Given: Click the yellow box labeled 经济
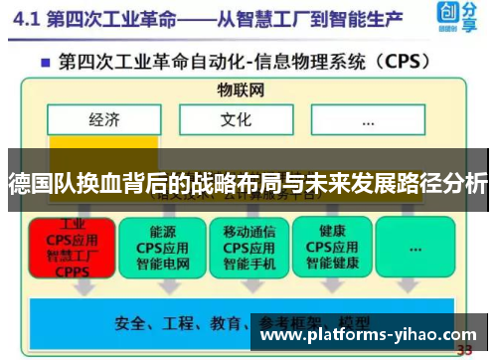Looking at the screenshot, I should (x=103, y=120).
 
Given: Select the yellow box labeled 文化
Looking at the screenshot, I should (x=236, y=120).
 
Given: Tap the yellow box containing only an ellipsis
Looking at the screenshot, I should (x=367, y=120).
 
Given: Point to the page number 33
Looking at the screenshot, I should (x=463, y=350).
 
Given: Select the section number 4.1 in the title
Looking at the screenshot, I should (x=31, y=19).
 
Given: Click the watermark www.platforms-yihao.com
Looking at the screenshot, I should (x=367, y=335).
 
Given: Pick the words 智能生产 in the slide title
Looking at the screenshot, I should (x=368, y=19).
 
